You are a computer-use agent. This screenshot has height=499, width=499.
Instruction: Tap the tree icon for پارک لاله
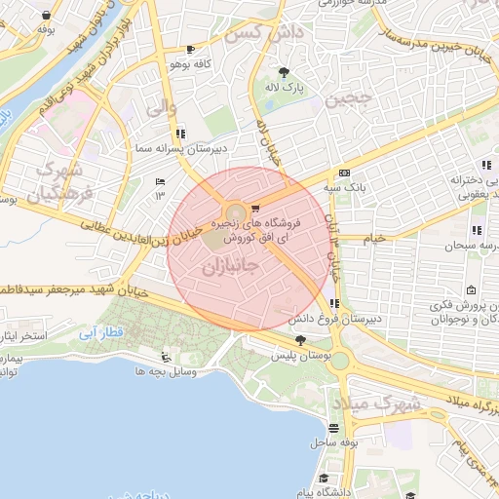[284, 72]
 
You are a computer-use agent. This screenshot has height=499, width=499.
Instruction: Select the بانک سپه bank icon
[344, 173]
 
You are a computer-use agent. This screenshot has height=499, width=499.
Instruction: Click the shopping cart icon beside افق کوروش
[255, 208]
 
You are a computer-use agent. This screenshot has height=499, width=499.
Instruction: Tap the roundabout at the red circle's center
[235, 213]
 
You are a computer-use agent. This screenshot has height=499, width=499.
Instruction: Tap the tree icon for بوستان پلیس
[299, 340]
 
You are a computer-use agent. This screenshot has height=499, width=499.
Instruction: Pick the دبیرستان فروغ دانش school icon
[335, 304]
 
